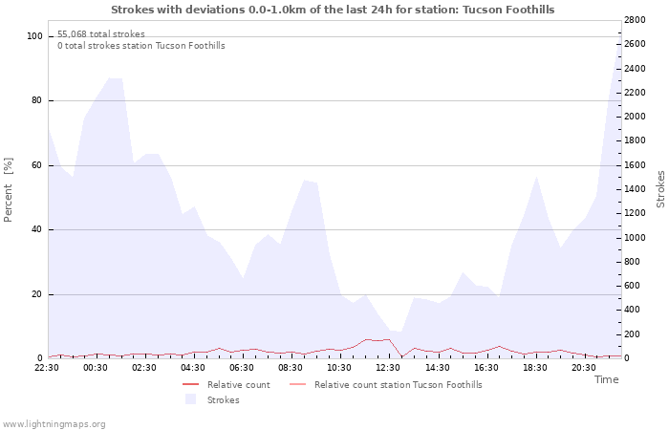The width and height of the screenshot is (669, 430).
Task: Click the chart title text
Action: [332, 10]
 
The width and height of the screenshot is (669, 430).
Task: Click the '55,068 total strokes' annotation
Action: [101, 33]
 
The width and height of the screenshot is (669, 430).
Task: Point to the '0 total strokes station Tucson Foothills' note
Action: [141, 45]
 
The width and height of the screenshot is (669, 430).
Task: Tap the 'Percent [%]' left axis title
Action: [9, 189]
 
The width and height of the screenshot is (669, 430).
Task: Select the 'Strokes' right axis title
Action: [660, 189]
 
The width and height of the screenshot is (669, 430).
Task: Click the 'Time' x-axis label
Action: [606, 379]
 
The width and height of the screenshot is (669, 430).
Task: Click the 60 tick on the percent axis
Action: [37, 165]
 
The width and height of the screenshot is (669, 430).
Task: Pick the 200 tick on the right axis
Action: [635, 334]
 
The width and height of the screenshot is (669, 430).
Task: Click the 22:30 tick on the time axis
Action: [47, 367]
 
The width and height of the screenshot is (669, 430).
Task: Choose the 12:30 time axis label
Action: [388, 367]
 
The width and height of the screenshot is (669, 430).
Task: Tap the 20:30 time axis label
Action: [583, 367]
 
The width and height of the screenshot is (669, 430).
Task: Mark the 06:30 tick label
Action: [242, 367]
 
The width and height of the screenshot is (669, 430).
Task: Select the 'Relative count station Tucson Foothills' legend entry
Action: [398, 385]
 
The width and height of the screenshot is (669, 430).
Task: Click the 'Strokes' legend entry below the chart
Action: [223, 399]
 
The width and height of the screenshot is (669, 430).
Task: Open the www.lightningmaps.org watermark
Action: [54, 423]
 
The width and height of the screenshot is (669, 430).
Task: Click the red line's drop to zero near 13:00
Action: [401, 357]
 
